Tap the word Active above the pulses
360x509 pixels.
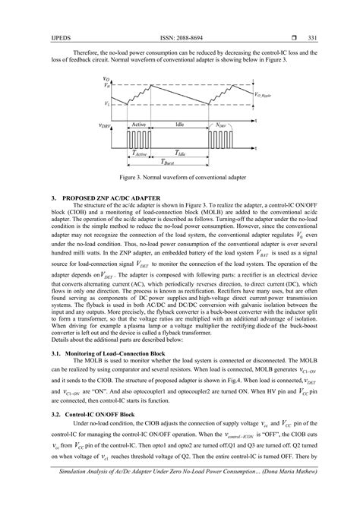tap(139, 124)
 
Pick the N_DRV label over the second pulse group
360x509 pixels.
tap(219, 124)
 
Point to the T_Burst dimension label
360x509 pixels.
tap(158, 162)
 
